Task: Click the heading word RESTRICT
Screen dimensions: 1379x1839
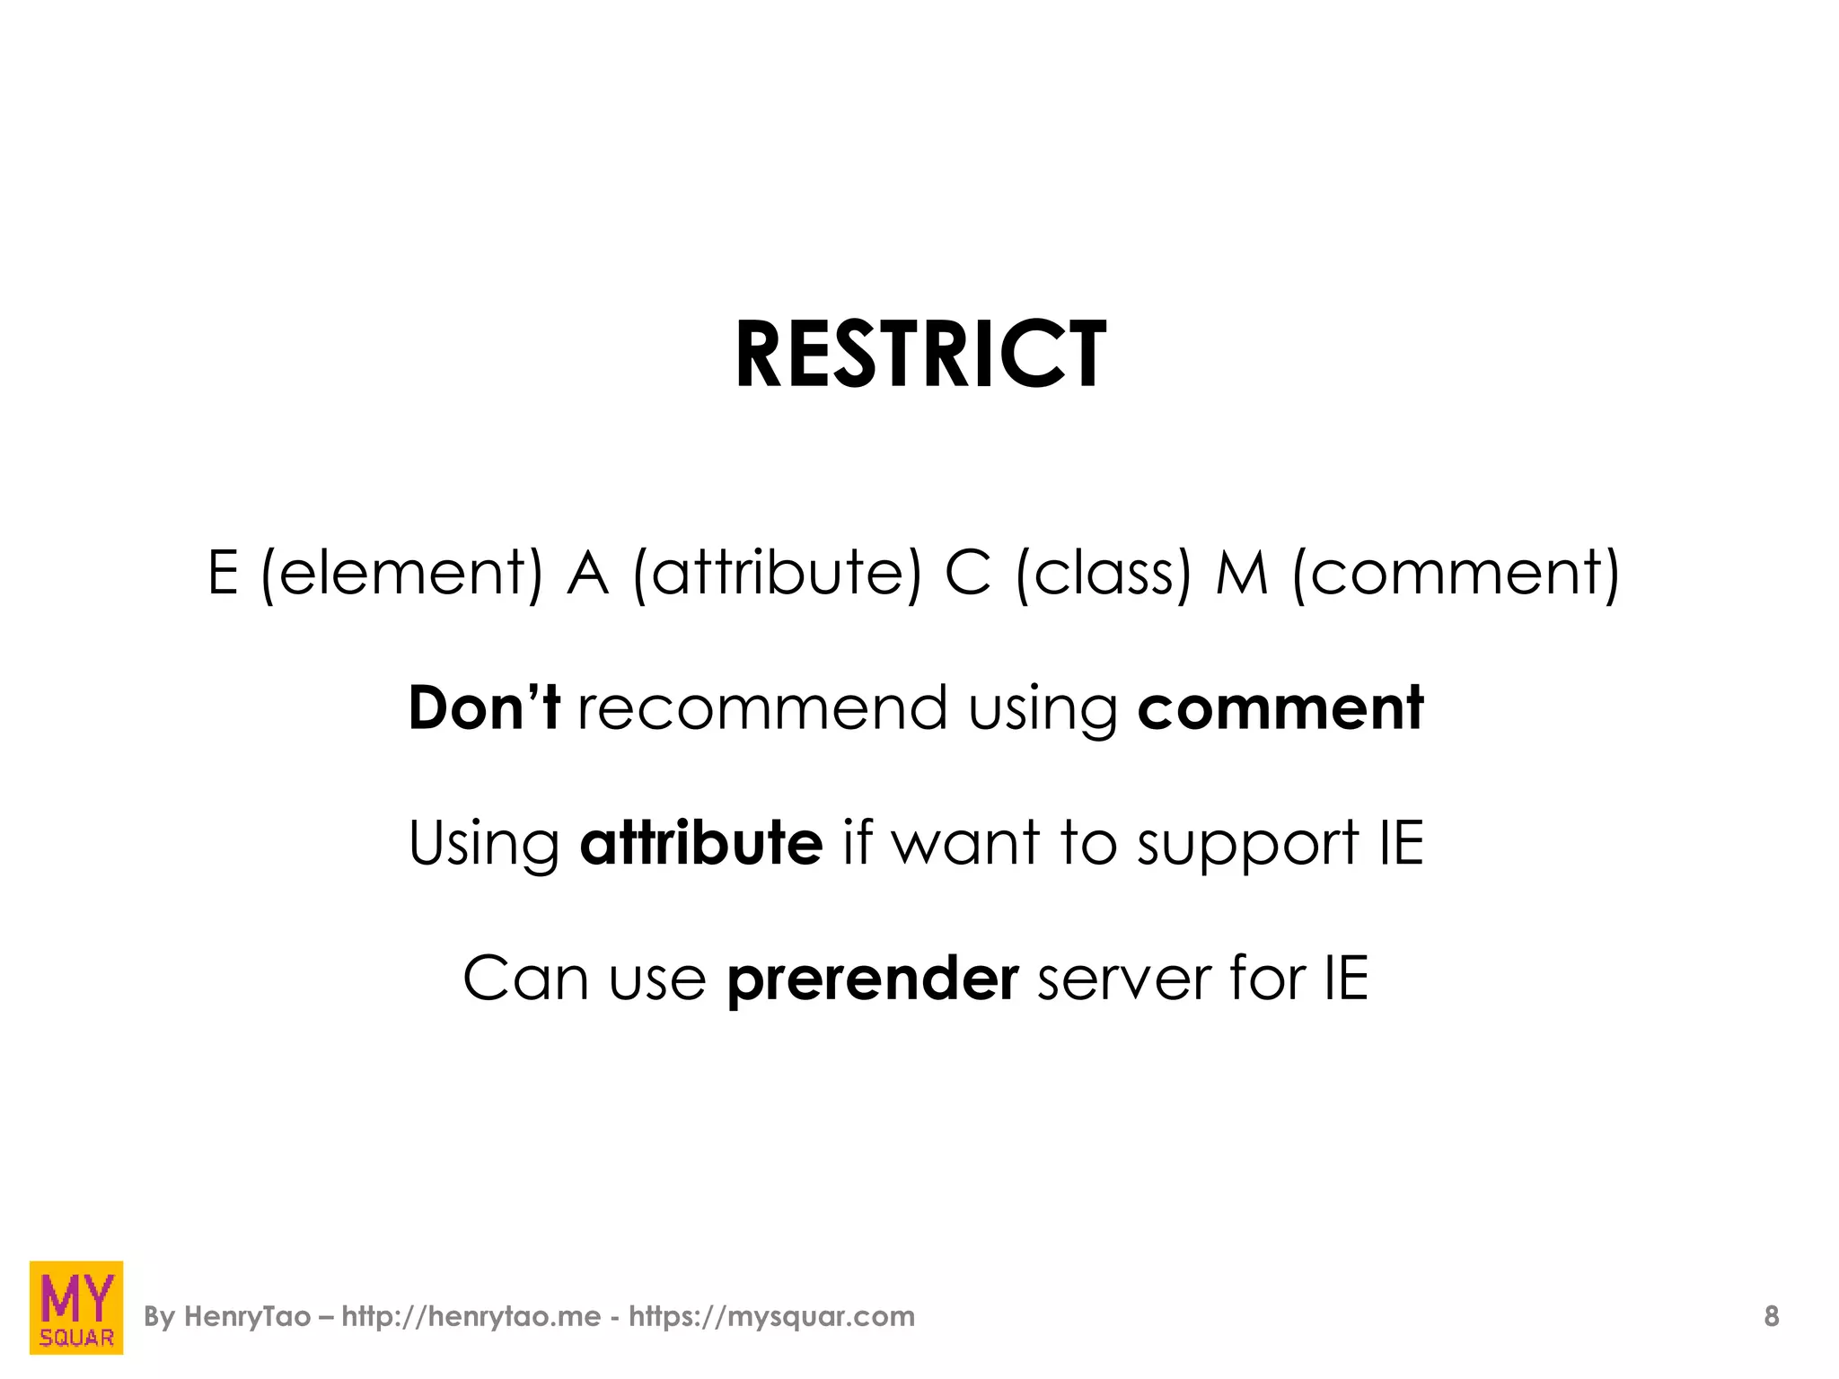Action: click(920, 356)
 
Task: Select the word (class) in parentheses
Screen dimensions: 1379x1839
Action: click(1104, 573)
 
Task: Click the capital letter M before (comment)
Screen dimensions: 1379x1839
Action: click(1243, 573)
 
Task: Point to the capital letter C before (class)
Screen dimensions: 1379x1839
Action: click(968, 573)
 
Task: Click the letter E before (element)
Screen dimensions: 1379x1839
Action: click(223, 573)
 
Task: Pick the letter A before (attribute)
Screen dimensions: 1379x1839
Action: click(588, 573)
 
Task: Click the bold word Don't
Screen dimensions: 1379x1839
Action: click(484, 707)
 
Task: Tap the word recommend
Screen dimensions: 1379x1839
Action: click(762, 707)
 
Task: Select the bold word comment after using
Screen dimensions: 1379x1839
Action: click(1280, 707)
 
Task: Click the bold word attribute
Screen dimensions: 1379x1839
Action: click(701, 843)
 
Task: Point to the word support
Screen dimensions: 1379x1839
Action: click(1247, 845)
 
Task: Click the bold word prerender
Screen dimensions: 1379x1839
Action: click(873, 979)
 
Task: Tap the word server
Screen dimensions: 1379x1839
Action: click(1124, 979)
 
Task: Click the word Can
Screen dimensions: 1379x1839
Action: click(525, 979)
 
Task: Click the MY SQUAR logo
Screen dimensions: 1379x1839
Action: click(76, 1307)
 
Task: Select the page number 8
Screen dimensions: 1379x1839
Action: click(1771, 1317)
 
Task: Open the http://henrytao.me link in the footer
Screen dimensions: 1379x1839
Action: click(471, 1317)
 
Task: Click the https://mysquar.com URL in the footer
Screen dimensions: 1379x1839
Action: click(771, 1317)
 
